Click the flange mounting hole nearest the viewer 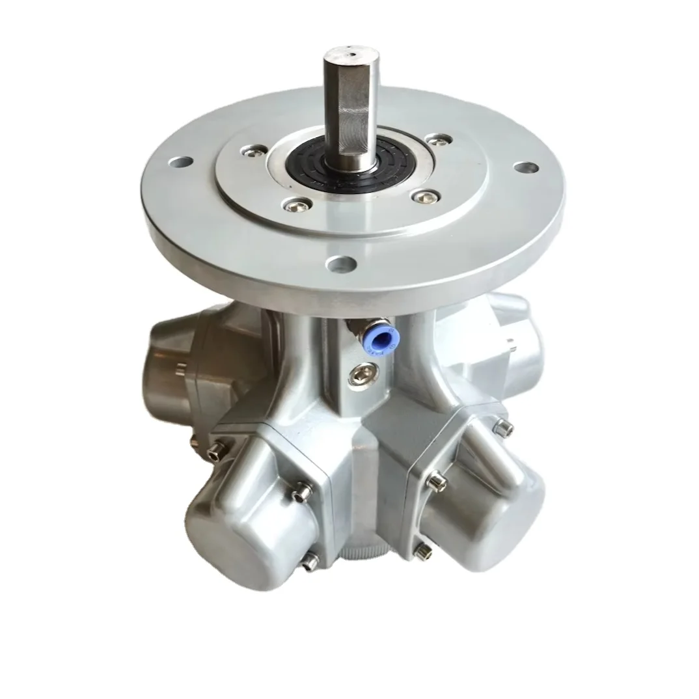click(x=342, y=264)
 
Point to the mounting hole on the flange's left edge click(x=181, y=160)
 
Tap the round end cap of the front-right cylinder click(x=501, y=514)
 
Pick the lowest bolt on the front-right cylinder click(x=424, y=552)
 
